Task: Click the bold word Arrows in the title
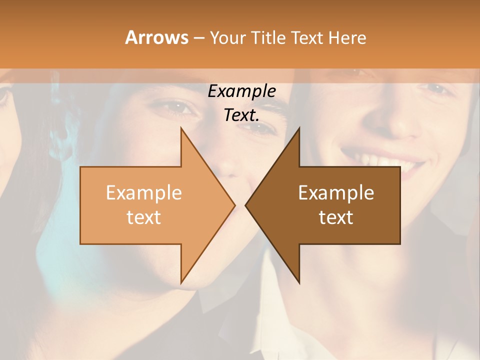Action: coord(156,37)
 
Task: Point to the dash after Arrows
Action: coord(198,38)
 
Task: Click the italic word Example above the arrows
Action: coord(242,91)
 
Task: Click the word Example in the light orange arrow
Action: coord(144,192)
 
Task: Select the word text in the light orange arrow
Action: coord(144,217)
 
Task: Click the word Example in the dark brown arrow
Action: coord(336,192)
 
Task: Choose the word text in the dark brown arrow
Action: coord(336,217)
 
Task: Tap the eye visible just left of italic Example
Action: coord(172,106)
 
